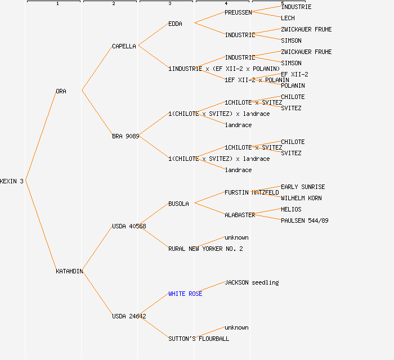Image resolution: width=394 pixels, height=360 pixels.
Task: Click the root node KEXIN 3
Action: pos(12,181)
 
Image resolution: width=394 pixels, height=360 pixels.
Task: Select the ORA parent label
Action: pos(61,91)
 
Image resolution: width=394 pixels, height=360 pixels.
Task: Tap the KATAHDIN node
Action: pos(69,271)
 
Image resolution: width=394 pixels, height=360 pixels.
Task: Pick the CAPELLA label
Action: pos(124,46)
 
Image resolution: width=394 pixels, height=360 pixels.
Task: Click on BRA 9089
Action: pos(126,136)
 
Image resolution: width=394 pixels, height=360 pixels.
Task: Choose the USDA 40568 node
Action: pos(129,226)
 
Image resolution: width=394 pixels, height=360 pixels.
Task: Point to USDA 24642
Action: pos(129,316)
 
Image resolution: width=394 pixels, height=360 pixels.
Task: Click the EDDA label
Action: pos(175,24)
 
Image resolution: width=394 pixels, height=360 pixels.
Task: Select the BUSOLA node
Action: pos(178,204)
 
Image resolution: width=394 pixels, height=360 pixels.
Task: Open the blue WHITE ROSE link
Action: pos(185,294)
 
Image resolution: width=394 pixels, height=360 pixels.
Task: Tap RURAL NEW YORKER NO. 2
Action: pos(205,249)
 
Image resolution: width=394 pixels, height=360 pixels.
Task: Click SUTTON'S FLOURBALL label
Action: pos(199,339)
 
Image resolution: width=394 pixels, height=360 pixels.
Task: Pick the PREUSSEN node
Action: pos(238,12)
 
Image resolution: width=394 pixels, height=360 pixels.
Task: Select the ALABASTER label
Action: pos(240,215)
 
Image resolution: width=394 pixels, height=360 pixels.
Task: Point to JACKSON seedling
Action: pos(252,282)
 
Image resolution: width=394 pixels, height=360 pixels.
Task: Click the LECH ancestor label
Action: pos(288,18)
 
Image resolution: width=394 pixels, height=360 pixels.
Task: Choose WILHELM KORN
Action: pos(301,198)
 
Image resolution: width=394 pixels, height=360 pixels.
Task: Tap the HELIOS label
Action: pos(291,209)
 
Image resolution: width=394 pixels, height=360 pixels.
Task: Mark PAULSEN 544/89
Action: pos(305,220)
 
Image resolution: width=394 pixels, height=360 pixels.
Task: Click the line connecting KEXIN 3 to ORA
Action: pos(41,136)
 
